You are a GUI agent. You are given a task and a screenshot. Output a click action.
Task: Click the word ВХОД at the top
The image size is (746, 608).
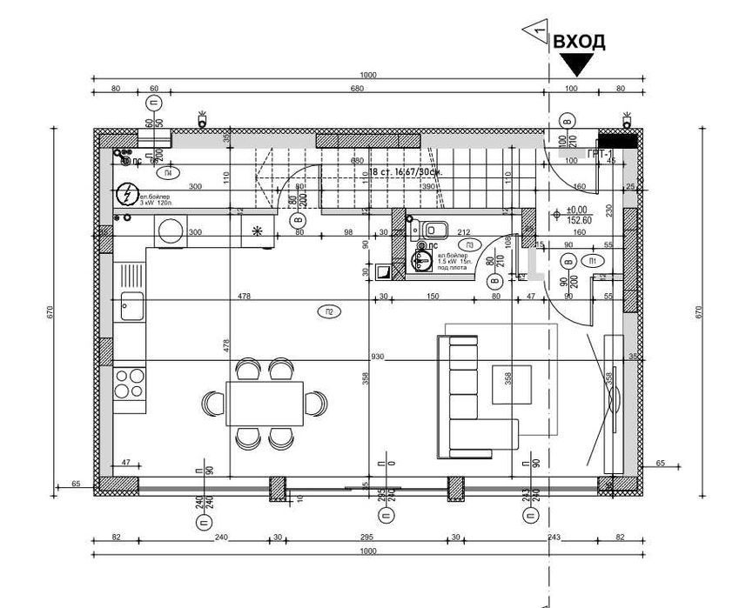(579, 41)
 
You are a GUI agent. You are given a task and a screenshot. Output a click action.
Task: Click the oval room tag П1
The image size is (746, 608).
(593, 260)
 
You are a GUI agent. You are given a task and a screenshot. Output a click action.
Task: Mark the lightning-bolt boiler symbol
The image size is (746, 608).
(128, 194)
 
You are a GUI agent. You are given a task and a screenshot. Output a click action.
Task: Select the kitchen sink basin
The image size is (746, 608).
(132, 305)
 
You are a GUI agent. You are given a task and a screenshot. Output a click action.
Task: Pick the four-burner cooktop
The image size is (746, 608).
(131, 383)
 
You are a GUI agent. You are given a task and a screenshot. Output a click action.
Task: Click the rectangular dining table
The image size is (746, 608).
(265, 403)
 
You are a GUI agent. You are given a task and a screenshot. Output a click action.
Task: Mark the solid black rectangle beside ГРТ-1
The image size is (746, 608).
(618, 141)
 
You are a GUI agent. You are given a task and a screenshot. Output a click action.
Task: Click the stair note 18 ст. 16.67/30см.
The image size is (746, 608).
(407, 172)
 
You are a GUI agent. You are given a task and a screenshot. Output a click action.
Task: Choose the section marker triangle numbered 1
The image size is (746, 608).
(535, 32)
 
